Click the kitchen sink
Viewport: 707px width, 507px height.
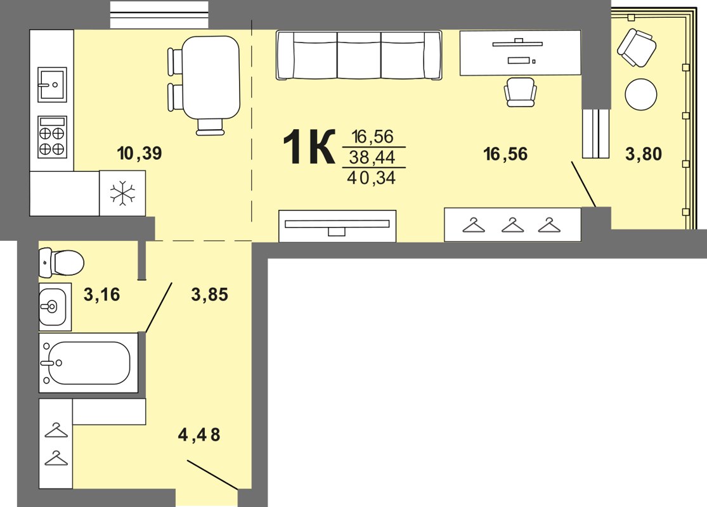pos(52,84)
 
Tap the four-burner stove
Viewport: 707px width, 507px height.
pos(52,137)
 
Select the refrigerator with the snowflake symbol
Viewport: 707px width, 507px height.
pos(122,193)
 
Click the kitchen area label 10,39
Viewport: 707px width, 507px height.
pos(139,153)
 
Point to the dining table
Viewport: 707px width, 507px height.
pos(211,77)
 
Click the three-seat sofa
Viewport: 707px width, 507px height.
pos(359,55)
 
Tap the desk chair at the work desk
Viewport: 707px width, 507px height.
pos(521,92)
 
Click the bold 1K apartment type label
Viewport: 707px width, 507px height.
pos(309,147)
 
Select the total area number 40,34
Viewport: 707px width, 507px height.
pos(371,178)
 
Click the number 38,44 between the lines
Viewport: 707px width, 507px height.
pos(372,157)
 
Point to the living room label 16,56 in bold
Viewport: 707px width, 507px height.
pos(505,154)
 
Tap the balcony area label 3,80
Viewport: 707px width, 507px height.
pos(644,154)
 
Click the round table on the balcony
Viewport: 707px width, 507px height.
pos(640,94)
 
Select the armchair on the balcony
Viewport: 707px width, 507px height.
pos(637,48)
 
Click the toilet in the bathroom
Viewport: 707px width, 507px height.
pos(62,262)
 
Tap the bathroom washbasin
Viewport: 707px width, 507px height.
pos(55,307)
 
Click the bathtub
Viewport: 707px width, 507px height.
pos(88,363)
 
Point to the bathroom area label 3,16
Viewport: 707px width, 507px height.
pos(102,295)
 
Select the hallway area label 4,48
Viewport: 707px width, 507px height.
pos(199,435)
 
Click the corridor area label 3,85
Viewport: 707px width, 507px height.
pos(210,295)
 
